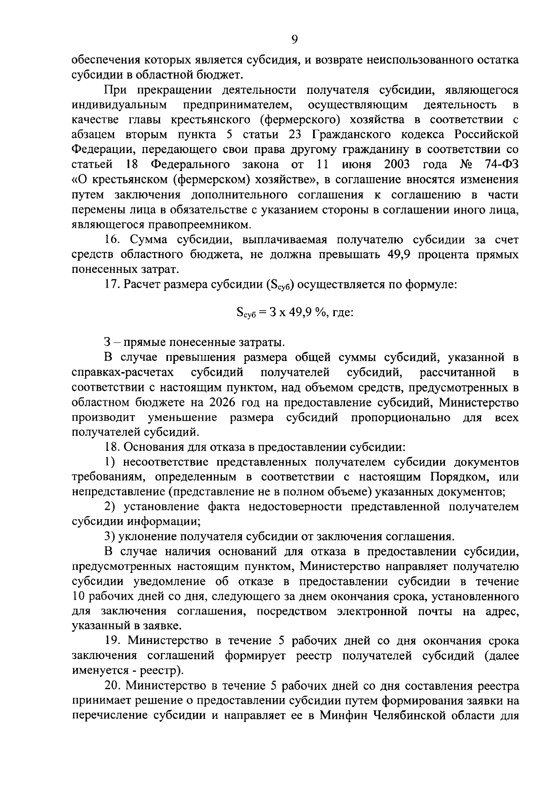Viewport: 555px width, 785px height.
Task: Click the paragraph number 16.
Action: point(112,240)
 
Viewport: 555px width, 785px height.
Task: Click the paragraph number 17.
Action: point(112,284)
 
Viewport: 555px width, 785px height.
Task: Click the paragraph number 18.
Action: point(112,447)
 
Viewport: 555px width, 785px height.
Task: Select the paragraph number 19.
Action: point(113,641)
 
